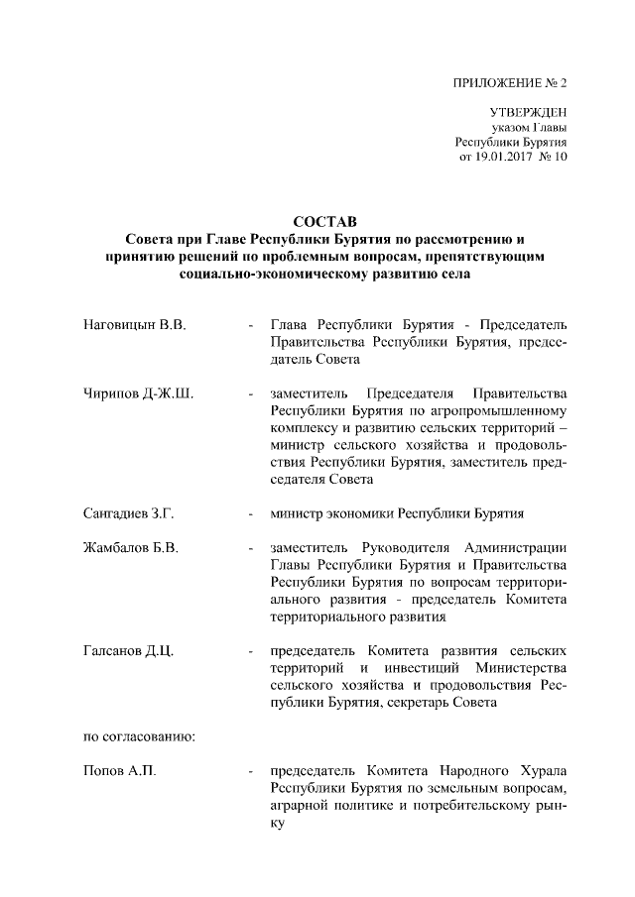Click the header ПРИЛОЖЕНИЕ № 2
513,82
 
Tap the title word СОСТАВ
324,220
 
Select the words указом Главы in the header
529,128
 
